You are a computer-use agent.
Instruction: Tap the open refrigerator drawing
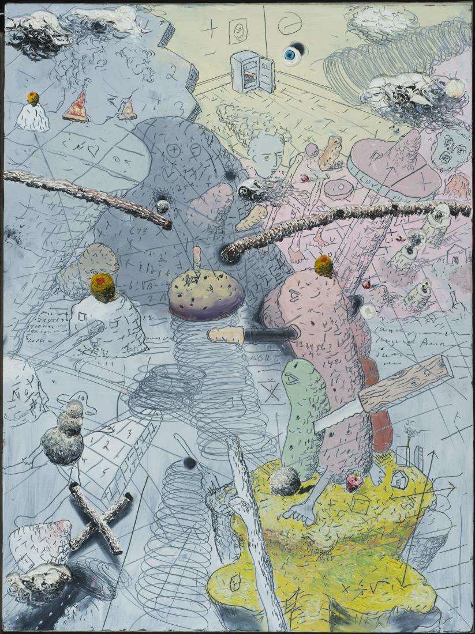click(249, 72)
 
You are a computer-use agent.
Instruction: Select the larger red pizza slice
click(76, 108)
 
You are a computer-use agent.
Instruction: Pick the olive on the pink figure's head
click(324, 266)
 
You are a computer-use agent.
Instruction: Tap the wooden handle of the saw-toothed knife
click(406, 382)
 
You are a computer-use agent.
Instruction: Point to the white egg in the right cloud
click(454, 88)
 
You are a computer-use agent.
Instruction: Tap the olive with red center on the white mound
click(102, 287)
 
